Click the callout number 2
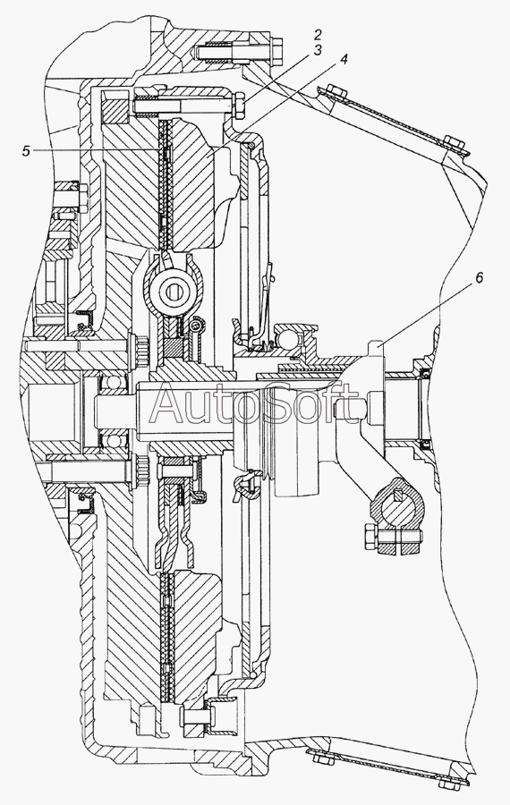tap(318, 35)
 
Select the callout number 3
tap(318, 50)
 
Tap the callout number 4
tap(343, 60)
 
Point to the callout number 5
tap(26, 151)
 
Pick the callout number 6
tap(479, 278)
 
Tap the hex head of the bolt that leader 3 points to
tap(239, 106)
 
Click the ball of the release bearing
tap(287, 337)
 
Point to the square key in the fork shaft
tap(398, 495)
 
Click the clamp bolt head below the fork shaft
tap(370, 537)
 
